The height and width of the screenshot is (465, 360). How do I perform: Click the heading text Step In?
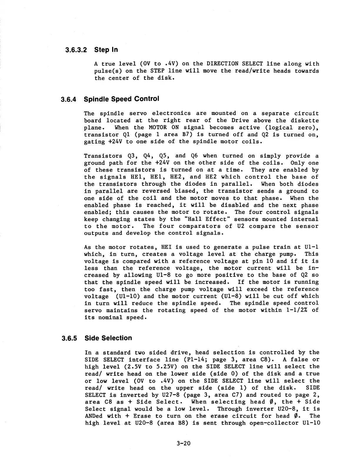tap(106, 50)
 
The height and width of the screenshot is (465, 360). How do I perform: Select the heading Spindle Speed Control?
tap(121, 99)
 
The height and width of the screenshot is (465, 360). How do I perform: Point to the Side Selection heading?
tap(108, 338)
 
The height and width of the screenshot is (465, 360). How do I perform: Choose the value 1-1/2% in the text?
tap(291, 310)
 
